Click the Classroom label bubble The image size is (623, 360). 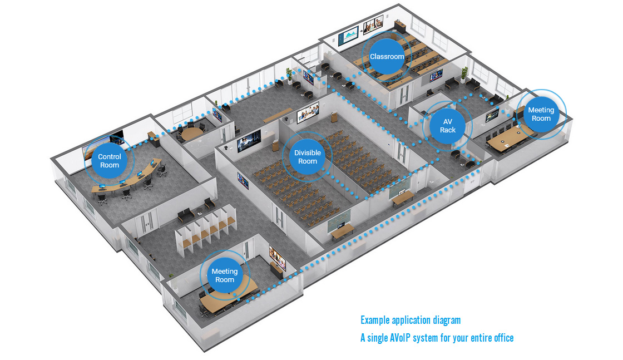click(x=387, y=57)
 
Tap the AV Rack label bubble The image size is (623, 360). click(x=448, y=126)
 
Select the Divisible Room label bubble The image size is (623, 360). click(x=307, y=157)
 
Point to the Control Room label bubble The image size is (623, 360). click(x=110, y=161)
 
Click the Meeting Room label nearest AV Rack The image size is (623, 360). click(x=541, y=114)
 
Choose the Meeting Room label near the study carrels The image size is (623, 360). click(x=225, y=275)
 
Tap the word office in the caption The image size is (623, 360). click(x=502, y=338)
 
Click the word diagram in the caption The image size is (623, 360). click(x=445, y=320)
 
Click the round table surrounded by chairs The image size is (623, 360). click(x=190, y=134)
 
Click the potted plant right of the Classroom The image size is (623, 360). click(x=464, y=74)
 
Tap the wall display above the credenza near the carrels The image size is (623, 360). click(x=276, y=258)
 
